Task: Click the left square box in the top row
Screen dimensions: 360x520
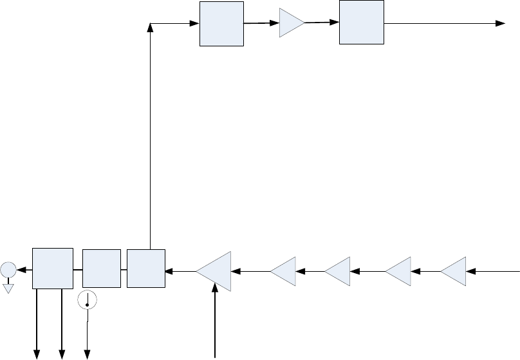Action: (x=221, y=24)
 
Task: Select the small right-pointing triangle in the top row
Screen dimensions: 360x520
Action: (x=291, y=23)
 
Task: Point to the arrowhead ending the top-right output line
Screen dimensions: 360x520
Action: (x=500, y=23)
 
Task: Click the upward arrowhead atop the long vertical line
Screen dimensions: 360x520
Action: (x=150, y=28)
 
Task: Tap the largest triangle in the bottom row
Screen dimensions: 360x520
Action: (x=215, y=270)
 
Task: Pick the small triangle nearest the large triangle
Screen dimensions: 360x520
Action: (x=284, y=270)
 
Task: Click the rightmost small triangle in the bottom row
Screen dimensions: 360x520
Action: (x=454, y=270)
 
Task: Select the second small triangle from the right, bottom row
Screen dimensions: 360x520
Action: (x=400, y=270)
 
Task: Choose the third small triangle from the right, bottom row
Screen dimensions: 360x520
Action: (x=339, y=270)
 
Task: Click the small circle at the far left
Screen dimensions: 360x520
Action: (x=8, y=270)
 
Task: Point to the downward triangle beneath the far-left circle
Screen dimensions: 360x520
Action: (x=8, y=288)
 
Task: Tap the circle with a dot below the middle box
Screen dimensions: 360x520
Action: (x=87, y=299)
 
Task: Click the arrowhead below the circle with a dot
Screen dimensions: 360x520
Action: (x=88, y=353)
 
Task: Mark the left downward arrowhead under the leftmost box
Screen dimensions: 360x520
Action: (x=37, y=353)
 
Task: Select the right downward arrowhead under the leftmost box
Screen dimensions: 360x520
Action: (x=62, y=353)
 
